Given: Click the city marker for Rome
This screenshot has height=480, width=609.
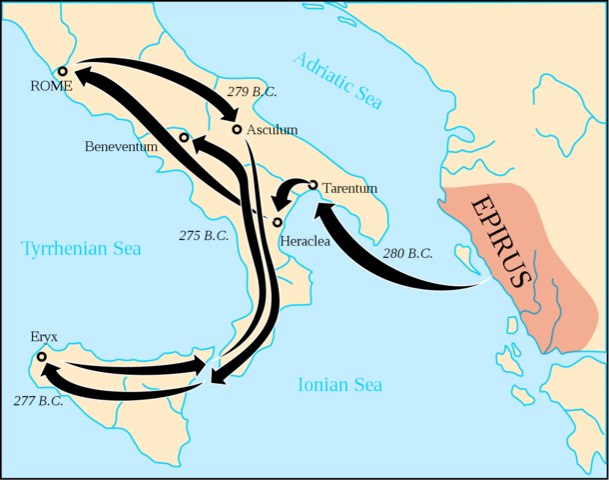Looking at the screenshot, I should coord(62,71).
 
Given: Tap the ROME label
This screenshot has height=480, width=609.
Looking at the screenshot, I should coord(52,87).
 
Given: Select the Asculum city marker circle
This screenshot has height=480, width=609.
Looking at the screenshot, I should coord(237,129).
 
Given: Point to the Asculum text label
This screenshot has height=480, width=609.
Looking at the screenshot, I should coord(272,130).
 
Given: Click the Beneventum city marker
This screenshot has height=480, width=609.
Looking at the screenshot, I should coord(184,136).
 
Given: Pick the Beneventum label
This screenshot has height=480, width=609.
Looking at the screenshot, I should coord(121,146).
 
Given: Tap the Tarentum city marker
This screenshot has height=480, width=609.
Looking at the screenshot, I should coord(312,185).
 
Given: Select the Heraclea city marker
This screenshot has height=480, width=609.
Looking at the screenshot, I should coord(277,222).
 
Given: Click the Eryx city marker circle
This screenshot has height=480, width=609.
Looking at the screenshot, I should coord(41,356).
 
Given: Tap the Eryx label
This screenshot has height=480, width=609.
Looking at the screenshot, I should coord(45,339).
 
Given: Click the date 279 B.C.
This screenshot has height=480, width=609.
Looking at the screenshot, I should coord(253,92).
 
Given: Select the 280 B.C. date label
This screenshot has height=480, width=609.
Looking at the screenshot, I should coord(407,253).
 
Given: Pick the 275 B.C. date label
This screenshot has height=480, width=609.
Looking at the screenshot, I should coord(204,236).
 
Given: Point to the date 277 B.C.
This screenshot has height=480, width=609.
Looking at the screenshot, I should coord(39,401).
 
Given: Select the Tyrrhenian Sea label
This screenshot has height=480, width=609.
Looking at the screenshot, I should coord(82,247).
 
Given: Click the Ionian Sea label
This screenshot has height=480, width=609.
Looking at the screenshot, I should coord(340,384).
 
